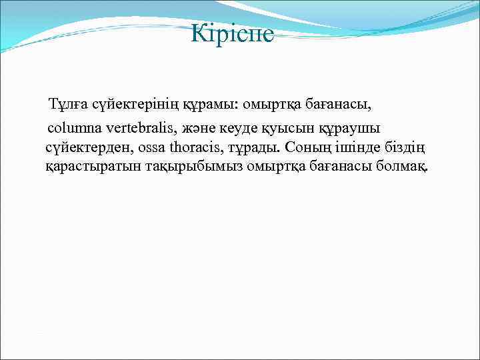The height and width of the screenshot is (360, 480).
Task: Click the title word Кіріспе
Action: pyautogui.click(x=232, y=33)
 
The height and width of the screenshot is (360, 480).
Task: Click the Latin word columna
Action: pyautogui.click(x=73, y=126)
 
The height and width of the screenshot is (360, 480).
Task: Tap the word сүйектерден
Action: pyautogui.click(x=83, y=146)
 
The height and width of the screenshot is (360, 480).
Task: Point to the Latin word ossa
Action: pyautogui.click(x=155, y=146)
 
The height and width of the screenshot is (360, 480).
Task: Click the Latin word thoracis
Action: pyautogui.click(x=199, y=146)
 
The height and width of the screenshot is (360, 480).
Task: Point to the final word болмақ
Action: pyautogui.click(x=405, y=166)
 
